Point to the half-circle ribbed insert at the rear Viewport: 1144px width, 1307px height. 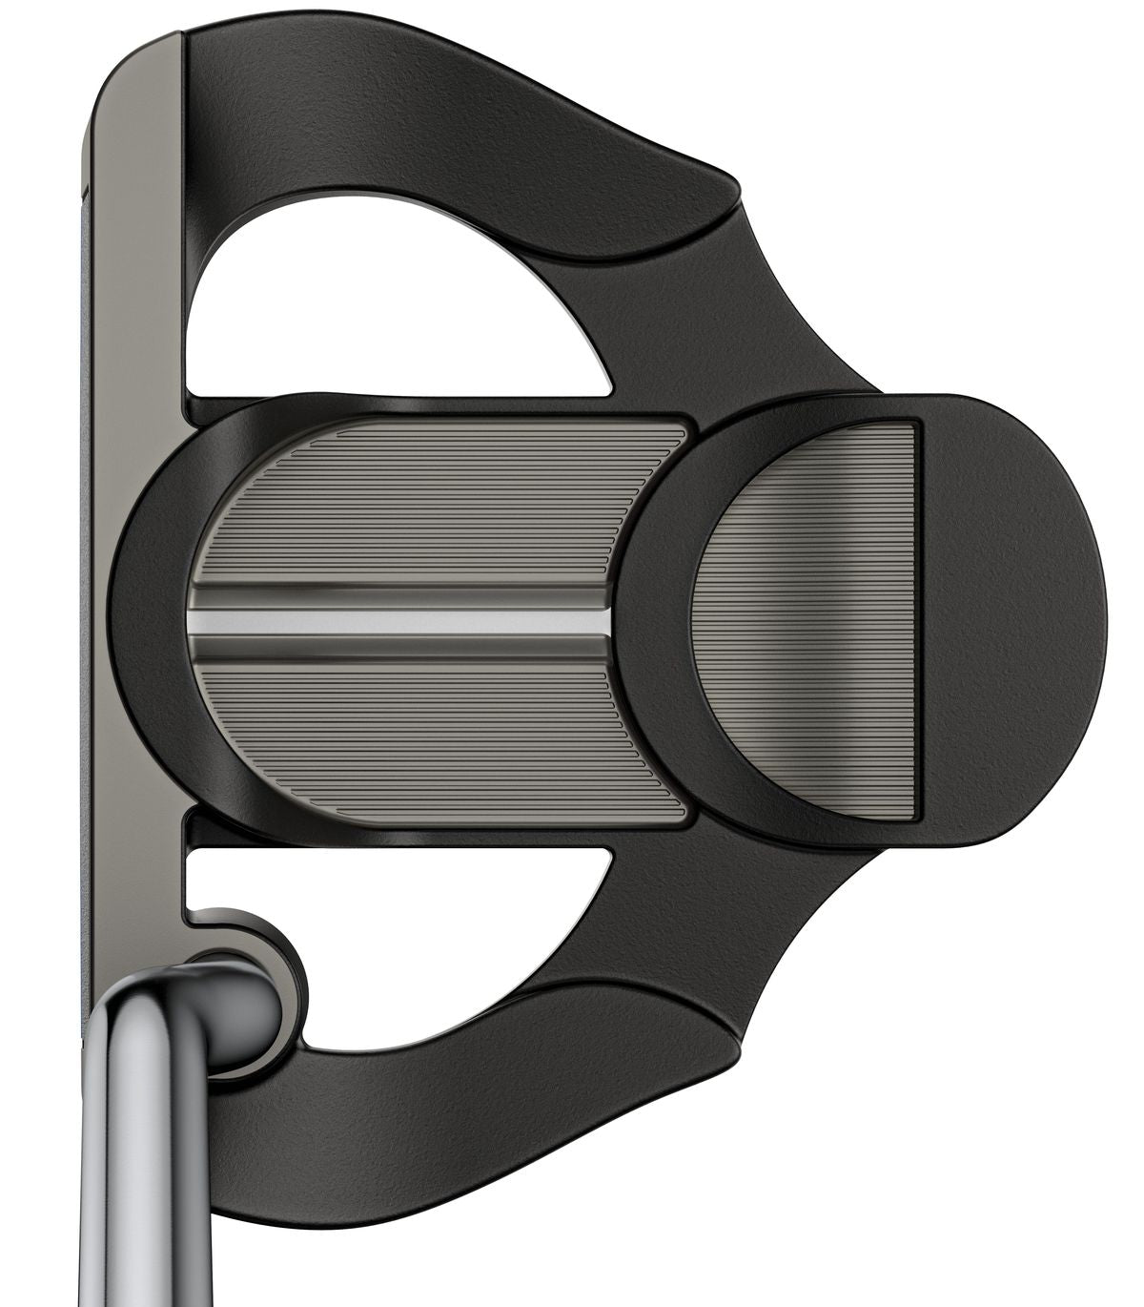(810, 620)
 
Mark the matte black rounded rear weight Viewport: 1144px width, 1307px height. (1011, 620)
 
